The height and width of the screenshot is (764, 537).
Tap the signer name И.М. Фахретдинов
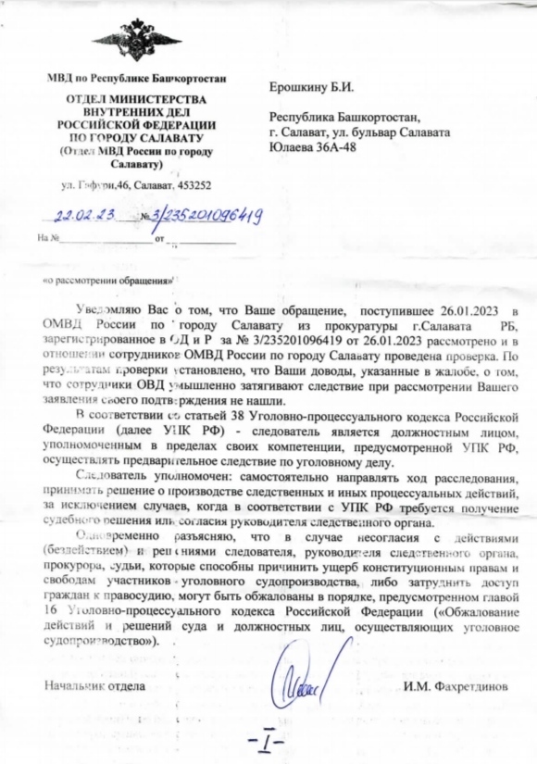point(456,686)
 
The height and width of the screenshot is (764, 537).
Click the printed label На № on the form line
point(46,237)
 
